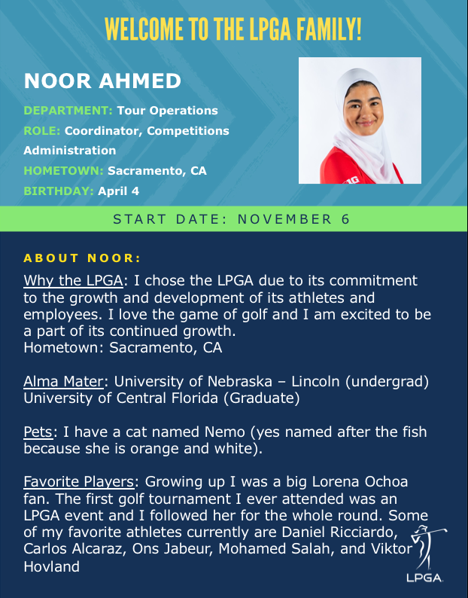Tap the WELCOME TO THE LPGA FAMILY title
pyautogui.click(x=234, y=29)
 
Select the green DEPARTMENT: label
pyautogui.click(x=68, y=111)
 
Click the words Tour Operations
pyautogui.click(x=167, y=111)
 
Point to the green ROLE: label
pyautogui.click(x=42, y=131)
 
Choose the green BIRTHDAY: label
pyautogui.click(x=59, y=191)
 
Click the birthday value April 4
pyautogui.click(x=119, y=191)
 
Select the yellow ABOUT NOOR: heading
pyautogui.click(x=83, y=258)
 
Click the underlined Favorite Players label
pyautogui.click(x=81, y=481)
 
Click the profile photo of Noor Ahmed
pyautogui.click(x=360, y=121)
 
